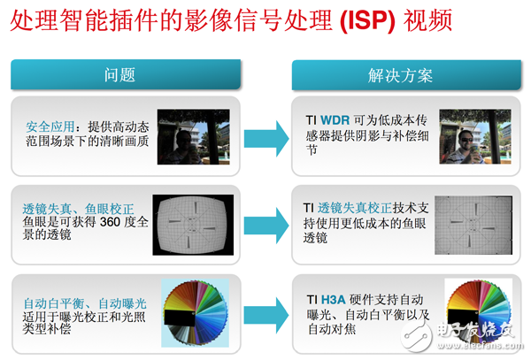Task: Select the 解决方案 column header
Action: point(401,74)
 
